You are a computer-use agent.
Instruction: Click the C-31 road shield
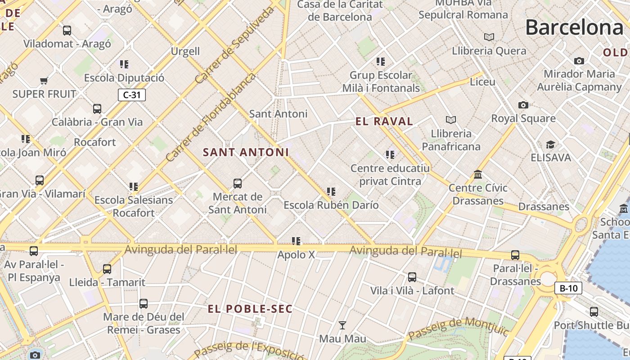pos(132,95)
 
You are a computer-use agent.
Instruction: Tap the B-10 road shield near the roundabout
pos(568,288)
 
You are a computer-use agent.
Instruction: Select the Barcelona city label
pos(574,27)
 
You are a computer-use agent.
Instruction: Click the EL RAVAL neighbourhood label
pos(384,121)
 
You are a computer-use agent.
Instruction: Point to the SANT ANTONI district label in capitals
pos(246,152)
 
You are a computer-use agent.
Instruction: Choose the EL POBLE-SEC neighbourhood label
pos(250,309)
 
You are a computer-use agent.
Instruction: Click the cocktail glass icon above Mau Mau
pos(342,325)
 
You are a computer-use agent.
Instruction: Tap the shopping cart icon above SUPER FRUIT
pos(44,81)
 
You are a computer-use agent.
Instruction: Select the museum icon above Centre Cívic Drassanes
pos(478,174)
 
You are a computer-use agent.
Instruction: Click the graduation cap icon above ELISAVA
pos(550,144)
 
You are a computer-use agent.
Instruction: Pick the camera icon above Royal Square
pos(523,105)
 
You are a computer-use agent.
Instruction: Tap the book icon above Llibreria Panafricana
pos(451,120)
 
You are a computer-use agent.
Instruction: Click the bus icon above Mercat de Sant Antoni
pos(238,183)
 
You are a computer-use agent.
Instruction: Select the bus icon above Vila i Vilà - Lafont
pos(412,277)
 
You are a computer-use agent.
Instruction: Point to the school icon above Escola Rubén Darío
pos(331,192)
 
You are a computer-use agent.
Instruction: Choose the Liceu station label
pos(482,82)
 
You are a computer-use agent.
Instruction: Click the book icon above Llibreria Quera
pos(489,37)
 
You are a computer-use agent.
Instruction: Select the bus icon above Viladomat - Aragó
pos(67,30)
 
